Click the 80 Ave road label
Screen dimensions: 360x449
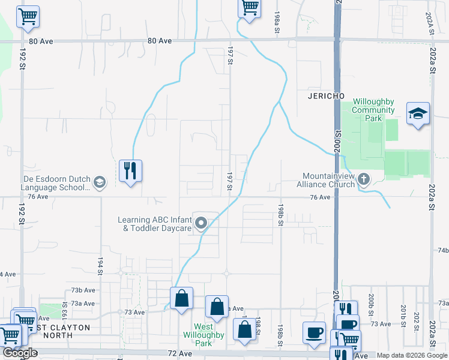pyautogui.click(x=160, y=41)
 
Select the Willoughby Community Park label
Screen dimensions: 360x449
pyautogui.click(x=373, y=110)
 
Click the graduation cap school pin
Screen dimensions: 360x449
pyautogui.click(x=418, y=113)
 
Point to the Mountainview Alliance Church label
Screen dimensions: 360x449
pyautogui.click(x=328, y=180)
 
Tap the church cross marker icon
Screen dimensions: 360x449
pyautogui.click(x=363, y=179)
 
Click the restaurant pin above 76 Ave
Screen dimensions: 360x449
pyautogui.click(x=130, y=170)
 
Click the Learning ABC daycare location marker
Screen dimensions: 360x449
pyautogui.click(x=202, y=224)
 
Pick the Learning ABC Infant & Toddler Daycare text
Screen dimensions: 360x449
pyautogui.click(x=155, y=224)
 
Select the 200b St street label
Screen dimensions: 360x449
pyautogui.click(x=372, y=300)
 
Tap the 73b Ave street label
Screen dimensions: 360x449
pyautogui.click(x=81, y=290)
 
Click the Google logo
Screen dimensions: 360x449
pyautogui.click(x=20, y=353)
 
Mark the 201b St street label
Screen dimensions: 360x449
pyautogui.click(x=403, y=312)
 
